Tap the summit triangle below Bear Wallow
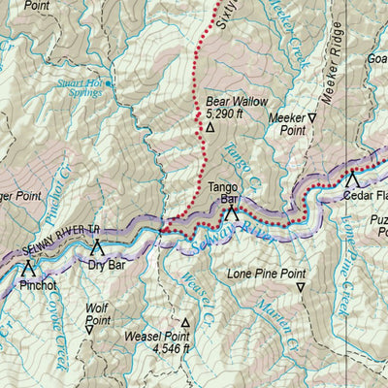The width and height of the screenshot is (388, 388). [210, 126]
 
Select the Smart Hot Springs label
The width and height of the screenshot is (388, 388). [79, 88]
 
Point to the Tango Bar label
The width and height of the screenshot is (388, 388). [224, 190]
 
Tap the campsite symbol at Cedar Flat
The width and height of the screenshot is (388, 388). [352, 179]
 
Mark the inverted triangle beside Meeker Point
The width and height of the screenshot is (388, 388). [312, 118]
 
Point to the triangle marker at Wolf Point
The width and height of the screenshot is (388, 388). [89, 330]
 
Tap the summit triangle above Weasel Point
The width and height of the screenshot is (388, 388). [185, 322]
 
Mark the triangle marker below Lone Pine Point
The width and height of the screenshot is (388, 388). [301, 288]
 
